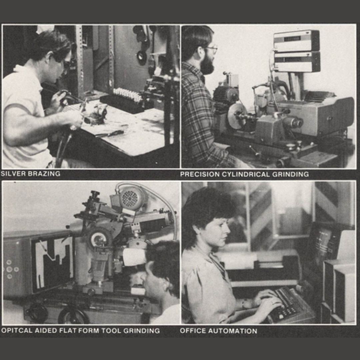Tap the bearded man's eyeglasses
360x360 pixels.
click(x=211, y=49)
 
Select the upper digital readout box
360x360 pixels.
click(x=296, y=40)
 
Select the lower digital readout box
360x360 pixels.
click(x=296, y=61)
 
